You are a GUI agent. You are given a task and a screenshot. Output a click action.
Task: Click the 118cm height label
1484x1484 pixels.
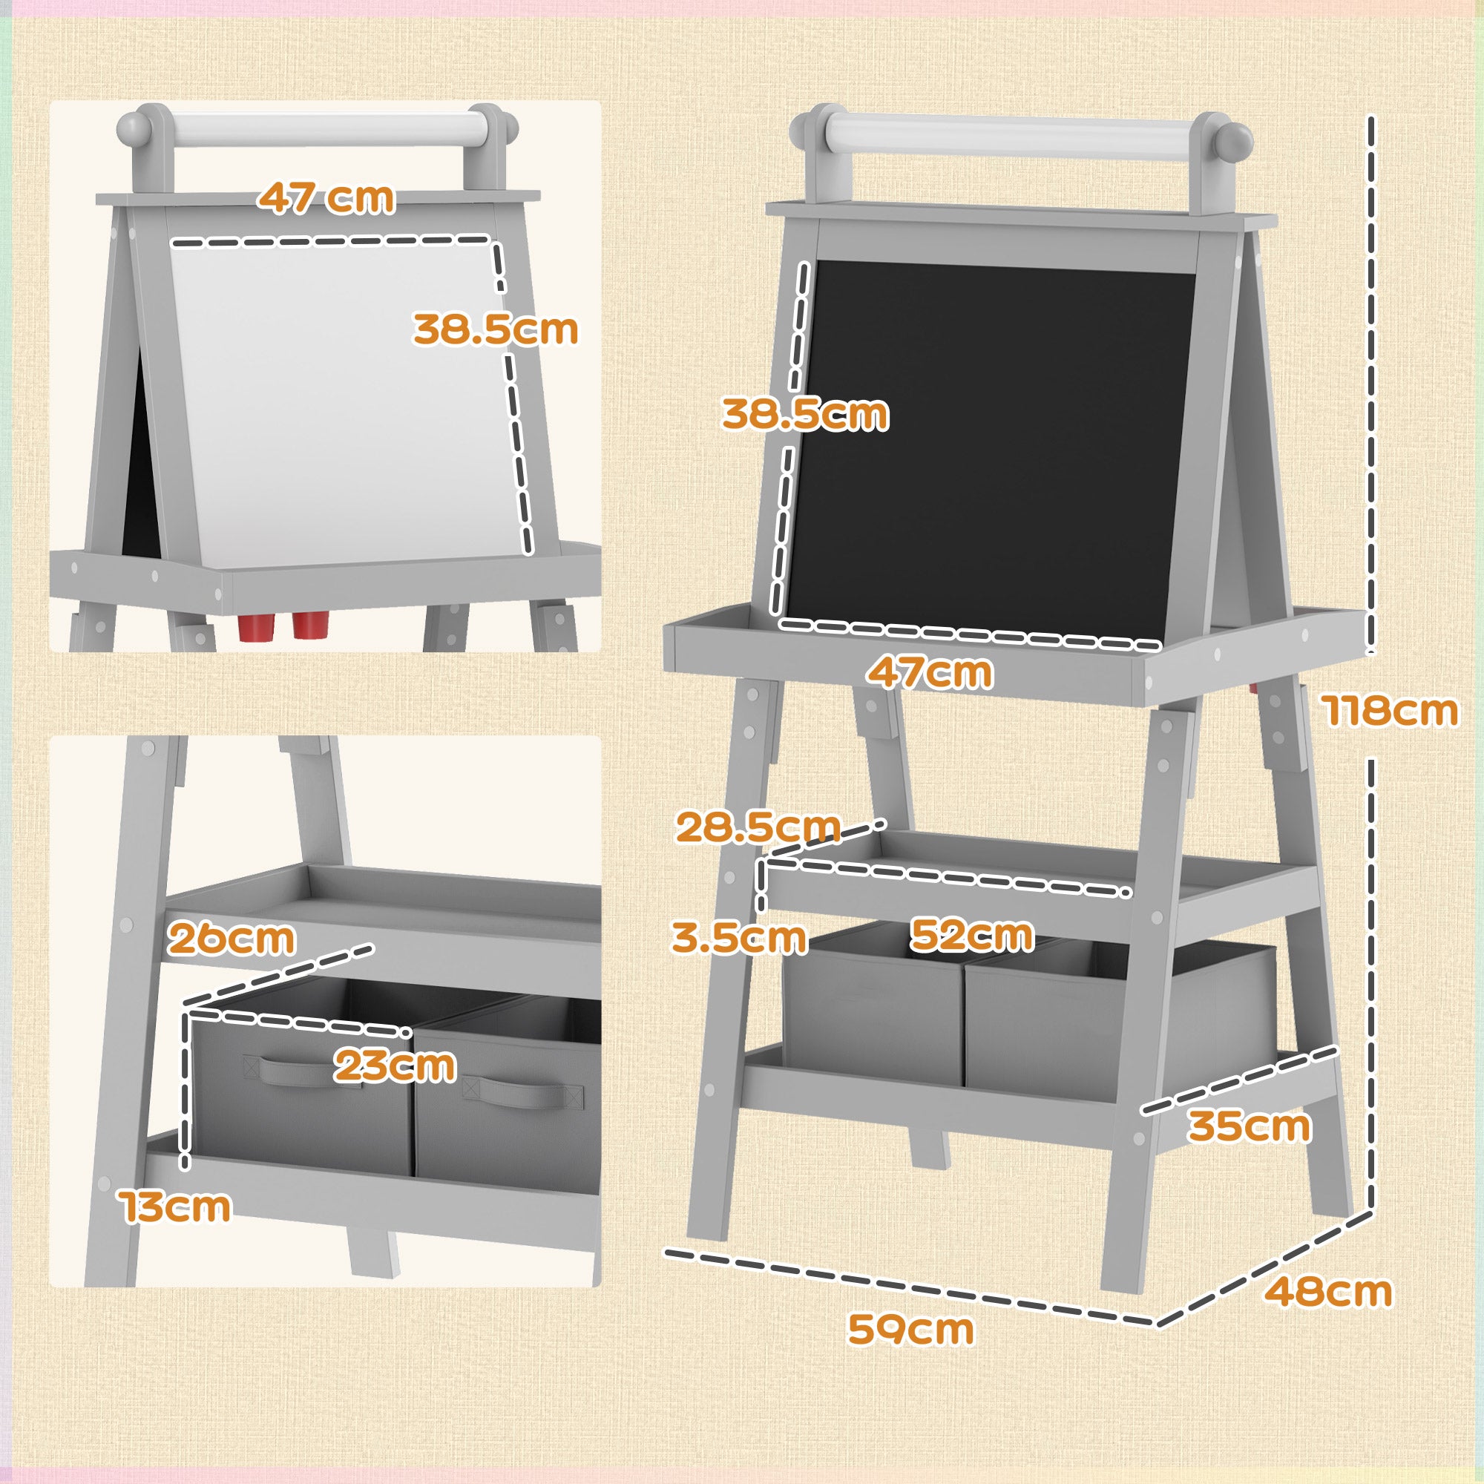click(1389, 711)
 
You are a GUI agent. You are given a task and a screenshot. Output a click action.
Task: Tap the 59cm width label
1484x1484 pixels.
click(910, 1328)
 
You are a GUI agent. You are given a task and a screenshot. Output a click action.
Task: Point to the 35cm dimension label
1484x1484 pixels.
click(1250, 1127)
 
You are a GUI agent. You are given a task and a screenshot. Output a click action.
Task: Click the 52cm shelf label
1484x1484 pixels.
click(972, 935)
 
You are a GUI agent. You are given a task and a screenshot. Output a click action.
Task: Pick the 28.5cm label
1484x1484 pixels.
click(758, 827)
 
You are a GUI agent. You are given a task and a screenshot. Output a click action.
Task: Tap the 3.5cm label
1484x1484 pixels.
click(739, 938)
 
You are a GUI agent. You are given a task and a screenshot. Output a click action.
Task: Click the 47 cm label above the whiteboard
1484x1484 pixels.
click(326, 198)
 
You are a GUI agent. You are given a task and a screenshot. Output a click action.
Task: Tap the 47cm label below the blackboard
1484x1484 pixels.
click(930, 673)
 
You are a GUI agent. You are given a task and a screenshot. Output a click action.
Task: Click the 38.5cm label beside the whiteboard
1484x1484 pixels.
click(496, 329)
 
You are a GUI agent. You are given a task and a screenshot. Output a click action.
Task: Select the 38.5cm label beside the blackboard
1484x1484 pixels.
click(805, 414)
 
